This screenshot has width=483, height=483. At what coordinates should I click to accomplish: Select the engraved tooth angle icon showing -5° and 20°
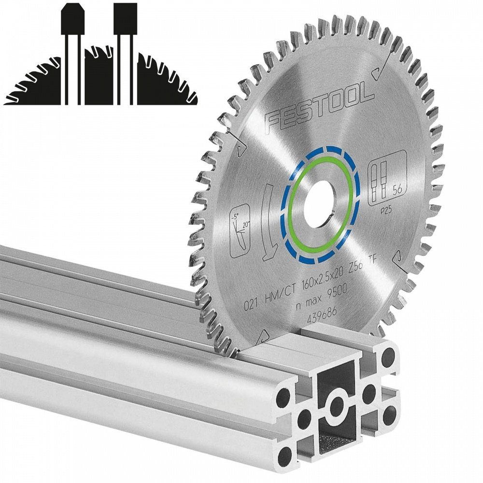pyautogui.click(x=237, y=230)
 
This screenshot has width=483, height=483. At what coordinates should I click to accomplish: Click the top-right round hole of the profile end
pyautogui.click(x=388, y=359)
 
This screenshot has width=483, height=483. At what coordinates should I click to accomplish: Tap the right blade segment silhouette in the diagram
pyautogui.click(x=164, y=82)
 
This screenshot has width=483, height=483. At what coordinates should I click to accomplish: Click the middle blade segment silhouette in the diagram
pyautogui.click(x=99, y=77)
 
